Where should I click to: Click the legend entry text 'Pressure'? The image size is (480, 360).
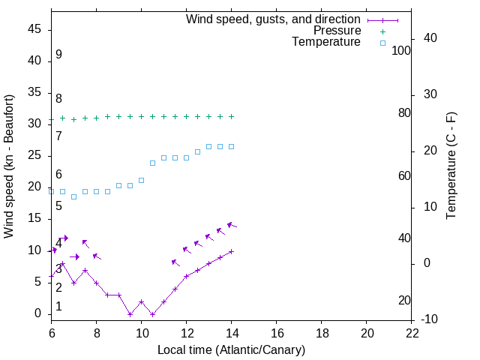[x=337, y=31]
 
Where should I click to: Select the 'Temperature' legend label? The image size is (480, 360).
[x=326, y=42]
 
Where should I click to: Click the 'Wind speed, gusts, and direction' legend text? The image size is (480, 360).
[x=274, y=19]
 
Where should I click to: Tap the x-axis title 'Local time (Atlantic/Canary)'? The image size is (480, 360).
[x=232, y=349]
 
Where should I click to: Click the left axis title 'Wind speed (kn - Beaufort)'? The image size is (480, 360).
[x=9, y=166]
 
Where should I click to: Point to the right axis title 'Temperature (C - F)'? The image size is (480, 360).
[x=451, y=166]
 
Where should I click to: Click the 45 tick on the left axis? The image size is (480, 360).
[x=35, y=29]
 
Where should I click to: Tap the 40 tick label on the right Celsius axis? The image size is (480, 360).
[x=431, y=38]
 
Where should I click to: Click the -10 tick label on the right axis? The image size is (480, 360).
[x=430, y=319]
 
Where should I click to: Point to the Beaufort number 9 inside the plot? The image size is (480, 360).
[x=58, y=55]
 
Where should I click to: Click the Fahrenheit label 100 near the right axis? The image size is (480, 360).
[x=402, y=50]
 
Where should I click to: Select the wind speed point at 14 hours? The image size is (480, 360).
[x=232, y=251]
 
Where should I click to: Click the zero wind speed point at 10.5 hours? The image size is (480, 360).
[x=152, y=314]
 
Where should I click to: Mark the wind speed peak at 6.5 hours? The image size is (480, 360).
[x=62, y=264]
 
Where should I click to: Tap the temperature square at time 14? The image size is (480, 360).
[x=232, y=146]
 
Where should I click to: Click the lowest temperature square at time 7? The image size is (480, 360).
[x=73, y=196]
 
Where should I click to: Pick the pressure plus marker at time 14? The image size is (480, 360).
[x=232, y=116]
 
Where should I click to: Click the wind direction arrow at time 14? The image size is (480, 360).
[x=232, y=225]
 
